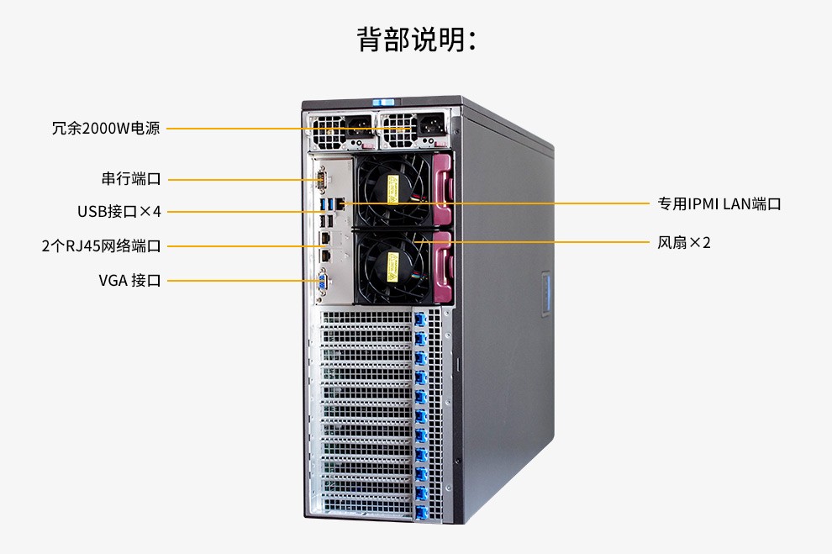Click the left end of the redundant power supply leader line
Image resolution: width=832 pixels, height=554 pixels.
coord(166,129)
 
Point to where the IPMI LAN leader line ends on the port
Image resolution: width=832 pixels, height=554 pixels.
coord(341,203)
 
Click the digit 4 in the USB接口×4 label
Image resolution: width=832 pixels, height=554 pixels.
coord(156,211)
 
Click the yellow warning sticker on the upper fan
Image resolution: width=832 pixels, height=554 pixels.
coord(393,189)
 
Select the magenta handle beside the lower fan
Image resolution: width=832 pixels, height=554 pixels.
coord(444,266)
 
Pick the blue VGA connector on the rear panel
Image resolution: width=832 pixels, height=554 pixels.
coord(323,282)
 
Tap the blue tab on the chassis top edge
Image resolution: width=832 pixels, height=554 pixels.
coord(383,102)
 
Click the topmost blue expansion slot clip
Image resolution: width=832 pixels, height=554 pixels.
coord(420,320)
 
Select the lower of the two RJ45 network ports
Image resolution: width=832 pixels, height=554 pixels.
coord(325,256)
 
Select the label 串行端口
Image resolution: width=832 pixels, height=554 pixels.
coord(131,179)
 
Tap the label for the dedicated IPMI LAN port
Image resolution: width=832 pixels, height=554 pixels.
coord(719,203)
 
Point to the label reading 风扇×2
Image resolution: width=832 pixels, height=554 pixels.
coord(684,242)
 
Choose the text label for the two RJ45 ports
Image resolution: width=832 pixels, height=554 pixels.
coord(102,245)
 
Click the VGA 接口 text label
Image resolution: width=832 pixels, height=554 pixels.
coord(129,280)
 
